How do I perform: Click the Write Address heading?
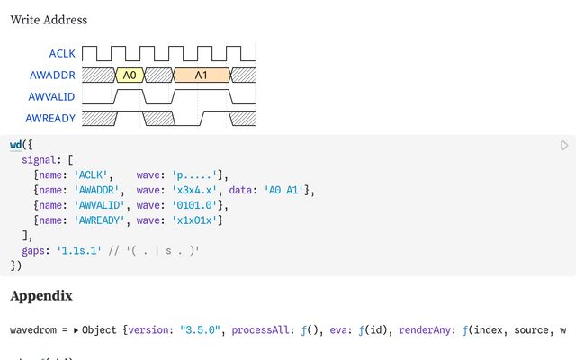[x=49, y=20]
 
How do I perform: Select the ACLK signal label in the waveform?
[x=62, y=54]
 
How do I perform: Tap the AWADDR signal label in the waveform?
[x=52, y=76]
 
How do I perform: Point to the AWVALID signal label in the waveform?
[x=52, y=97]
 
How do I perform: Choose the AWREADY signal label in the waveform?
[x=50, y=118]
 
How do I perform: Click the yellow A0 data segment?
[x=130, y=76]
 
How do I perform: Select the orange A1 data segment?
[x=202, y=76]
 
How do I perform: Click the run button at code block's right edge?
[x=564, y=146]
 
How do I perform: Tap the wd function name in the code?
[x=16, y=145]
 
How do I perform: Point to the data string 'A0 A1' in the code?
[x=284, y=190]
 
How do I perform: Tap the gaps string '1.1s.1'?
[x=79, y=251]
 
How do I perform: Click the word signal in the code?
[x=39, y=160]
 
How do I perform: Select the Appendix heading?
[x=41, y=296]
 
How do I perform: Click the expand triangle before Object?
[x=76, y=330]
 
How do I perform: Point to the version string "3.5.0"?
[x=200, y=330]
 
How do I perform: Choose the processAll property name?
[x=260, y=330]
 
